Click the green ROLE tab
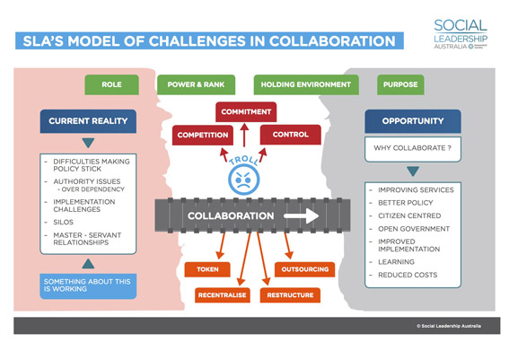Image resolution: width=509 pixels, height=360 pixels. pyautogui.click(x=111, y=85)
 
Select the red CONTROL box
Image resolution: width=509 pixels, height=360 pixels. pyautogui.click(x=290, y=135)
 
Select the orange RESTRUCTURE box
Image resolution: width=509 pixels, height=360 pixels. pyautogui.click(x=290, y=294)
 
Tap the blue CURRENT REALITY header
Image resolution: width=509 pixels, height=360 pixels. pyautogui.click(x=88, y=119)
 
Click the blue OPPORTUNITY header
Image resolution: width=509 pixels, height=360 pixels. pyautogui.click(x=414, y=119)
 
